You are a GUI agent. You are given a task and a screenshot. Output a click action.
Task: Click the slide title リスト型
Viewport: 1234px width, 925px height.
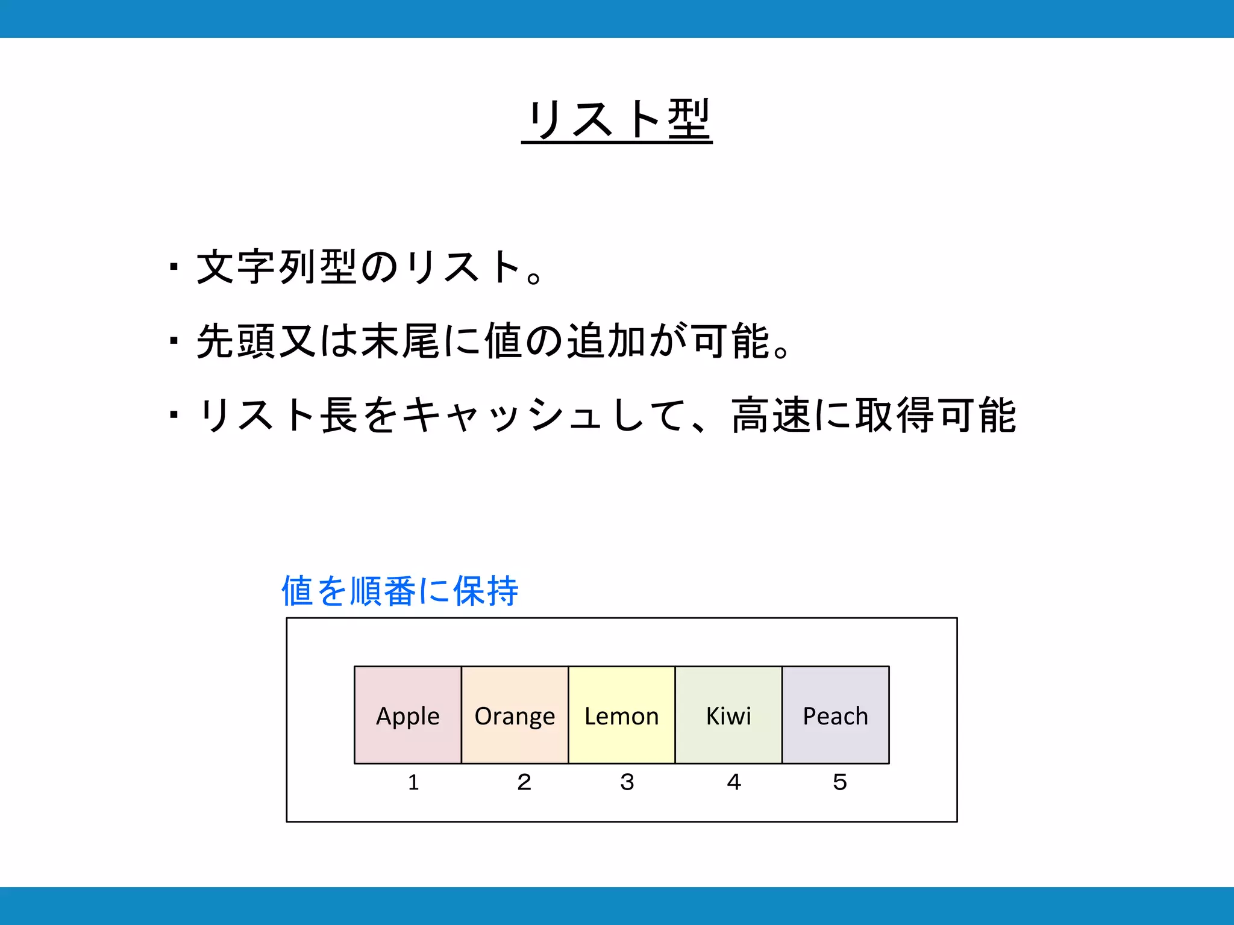(617, 119)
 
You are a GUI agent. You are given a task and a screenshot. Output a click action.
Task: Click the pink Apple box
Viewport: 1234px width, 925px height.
(408, 715)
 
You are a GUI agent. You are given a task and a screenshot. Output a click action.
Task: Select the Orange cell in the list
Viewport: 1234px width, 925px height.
(515, 715)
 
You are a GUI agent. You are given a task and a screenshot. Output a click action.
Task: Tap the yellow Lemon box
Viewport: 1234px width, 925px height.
(621, 715)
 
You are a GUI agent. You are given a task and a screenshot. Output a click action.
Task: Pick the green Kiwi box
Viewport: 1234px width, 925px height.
(728, 715)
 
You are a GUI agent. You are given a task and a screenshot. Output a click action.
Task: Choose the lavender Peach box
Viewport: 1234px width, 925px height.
(835, 715)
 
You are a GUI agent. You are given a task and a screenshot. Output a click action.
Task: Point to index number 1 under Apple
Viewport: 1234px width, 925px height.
(413, 782)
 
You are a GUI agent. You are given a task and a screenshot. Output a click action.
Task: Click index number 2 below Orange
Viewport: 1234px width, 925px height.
(524, 782)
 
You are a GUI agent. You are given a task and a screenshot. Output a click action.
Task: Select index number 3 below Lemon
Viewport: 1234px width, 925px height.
(627, 782)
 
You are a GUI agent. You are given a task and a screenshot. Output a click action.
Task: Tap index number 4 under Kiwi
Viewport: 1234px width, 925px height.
(733, 782)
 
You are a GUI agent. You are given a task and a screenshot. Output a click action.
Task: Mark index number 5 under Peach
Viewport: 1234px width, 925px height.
(839, 782)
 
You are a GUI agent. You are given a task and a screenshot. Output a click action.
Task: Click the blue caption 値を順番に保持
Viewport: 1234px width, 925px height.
(399, 591)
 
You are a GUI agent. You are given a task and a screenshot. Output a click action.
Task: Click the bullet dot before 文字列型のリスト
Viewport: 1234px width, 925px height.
(174, 267)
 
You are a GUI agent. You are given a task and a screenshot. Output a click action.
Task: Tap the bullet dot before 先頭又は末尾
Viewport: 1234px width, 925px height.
(174, 341)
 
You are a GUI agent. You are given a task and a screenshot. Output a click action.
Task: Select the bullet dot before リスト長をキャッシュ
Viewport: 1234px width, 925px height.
(174, 415)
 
